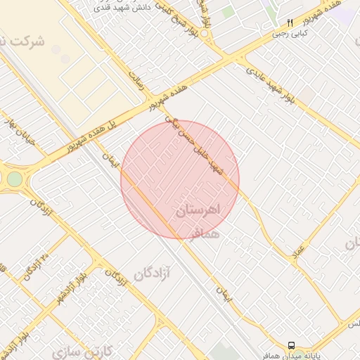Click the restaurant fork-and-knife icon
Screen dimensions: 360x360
coord(290,22)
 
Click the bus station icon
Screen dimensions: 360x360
coord(291,345)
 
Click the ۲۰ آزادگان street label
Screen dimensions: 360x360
coord(36,265)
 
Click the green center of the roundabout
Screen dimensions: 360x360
coord(15,179)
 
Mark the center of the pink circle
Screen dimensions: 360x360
coord(180,179)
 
